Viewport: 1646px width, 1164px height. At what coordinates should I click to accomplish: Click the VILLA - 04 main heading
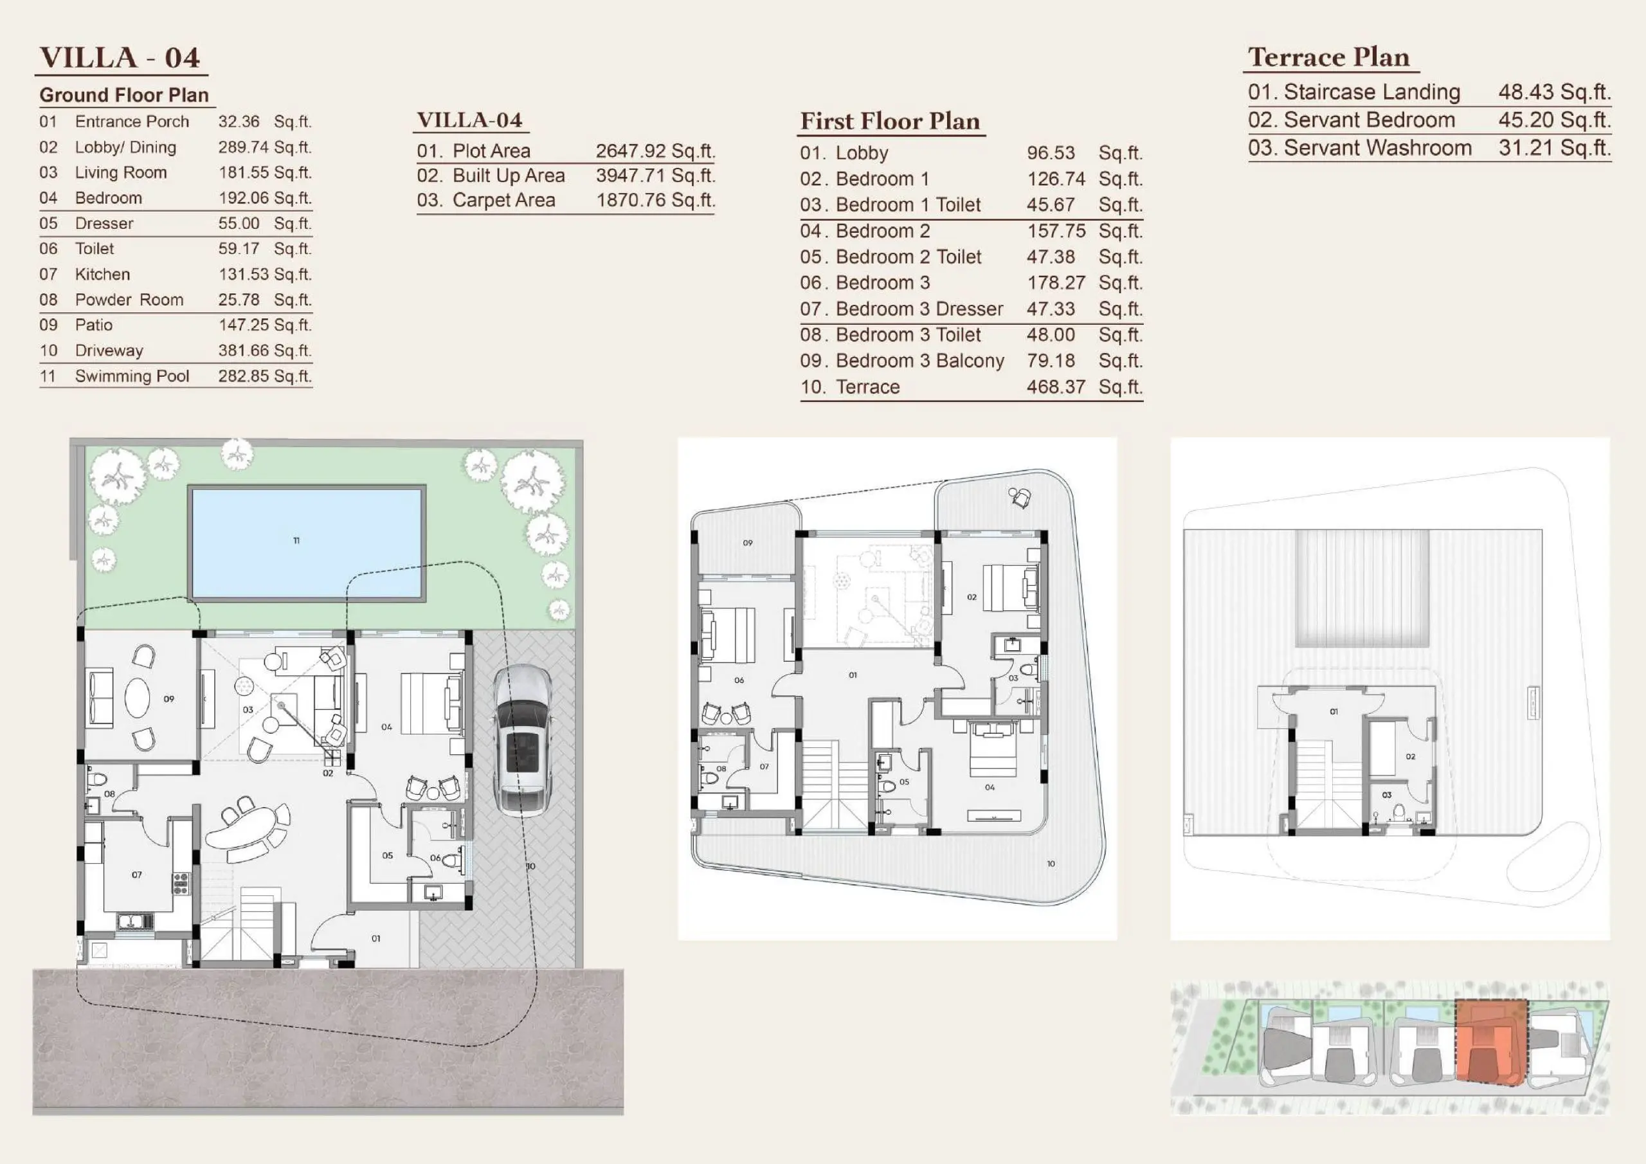120,57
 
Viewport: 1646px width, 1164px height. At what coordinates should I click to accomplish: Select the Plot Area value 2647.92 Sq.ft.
655,150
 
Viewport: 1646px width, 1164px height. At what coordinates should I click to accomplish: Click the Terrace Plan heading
1328,57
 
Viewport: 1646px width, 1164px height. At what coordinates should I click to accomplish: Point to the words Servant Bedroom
1370,120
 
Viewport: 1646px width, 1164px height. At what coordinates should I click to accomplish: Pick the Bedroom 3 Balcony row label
920,361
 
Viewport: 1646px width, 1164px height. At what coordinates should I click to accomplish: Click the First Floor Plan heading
890,120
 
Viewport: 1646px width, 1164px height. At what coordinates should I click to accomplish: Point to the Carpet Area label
504,200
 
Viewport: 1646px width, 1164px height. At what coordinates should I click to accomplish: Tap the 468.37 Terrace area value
1056,386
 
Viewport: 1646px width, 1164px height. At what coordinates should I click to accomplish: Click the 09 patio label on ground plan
168,698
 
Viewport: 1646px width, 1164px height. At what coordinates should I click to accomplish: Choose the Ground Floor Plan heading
124,95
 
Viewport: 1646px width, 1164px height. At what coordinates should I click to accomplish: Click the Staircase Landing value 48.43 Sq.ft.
1554,92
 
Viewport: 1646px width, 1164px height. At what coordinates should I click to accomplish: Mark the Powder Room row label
129,300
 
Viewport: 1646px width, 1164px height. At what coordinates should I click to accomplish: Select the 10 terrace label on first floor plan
1051,864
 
